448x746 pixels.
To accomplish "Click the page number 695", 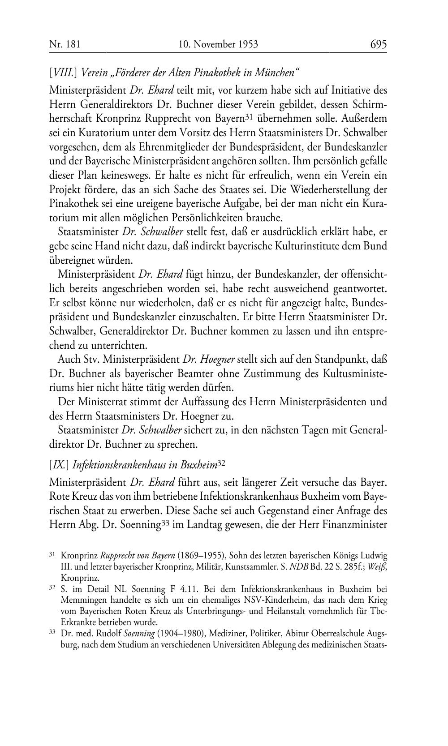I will click(x=378, y=44).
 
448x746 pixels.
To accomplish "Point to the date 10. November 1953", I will click(x=218, y=44).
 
